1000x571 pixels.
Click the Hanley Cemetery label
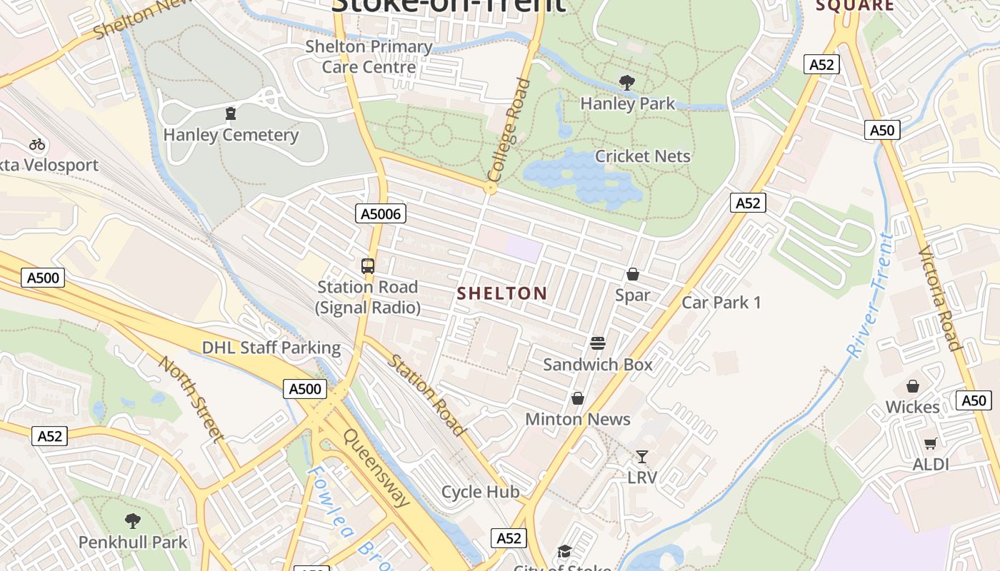pyautogui.click(x=231, y=135)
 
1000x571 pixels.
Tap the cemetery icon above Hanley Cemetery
pyautogui.click(x=230, y=113)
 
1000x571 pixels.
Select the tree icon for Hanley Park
pyautogui.click(x=627, y=83)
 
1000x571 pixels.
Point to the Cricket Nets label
pyautogui.click(x=643, y=156)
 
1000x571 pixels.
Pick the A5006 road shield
pyautogui.click(x=381, y=213)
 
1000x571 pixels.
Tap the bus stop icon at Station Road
pyautogui.click(x=368, y=266)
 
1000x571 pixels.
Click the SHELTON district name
pyautogui.click(x=502, y=293)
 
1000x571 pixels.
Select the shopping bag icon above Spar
pyautogui.click(x=632, y=274)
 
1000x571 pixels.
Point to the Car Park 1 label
pyautogui.click(x=721, y=303)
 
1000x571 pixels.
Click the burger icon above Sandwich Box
pyautogui.click(x=598, y=343)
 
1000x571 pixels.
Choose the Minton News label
pyautogui.click(x=578, y=419)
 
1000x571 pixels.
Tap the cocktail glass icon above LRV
pyautogui.click(x=642, y=457)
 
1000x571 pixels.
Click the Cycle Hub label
pyautogui.click(x=481, y=492)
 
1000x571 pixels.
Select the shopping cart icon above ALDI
pyautogui.click(x=930, y=444)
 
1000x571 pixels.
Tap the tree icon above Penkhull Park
pyautogui.click(x=133, y=521)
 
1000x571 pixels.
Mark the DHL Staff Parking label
pyautogui.click(x=271, y=348)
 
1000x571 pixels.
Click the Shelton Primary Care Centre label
pyautogui.click(x=369, y=57)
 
